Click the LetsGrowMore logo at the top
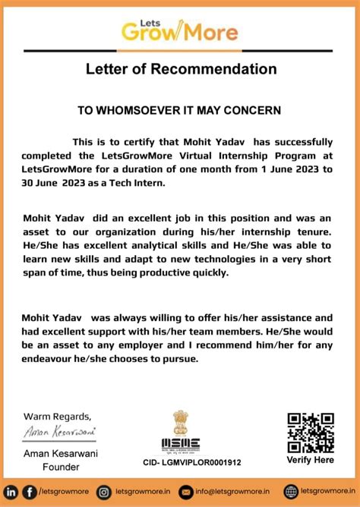pyautogui.click(x=179, y=29)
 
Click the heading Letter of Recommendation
pyautogui.click(x=180, y=70)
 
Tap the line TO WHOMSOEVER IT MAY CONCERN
pyautogui.click(x=179, y=110)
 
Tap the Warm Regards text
pyautogui.click(x=57, y=416)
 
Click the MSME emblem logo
pyautogui.click(x=181, y=433)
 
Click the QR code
pyautogui.click(x=310, y=433)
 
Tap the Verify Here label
pyautogui.click(x=310, y=460)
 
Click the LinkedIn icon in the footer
pyautogui.click(x=11, y=491)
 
